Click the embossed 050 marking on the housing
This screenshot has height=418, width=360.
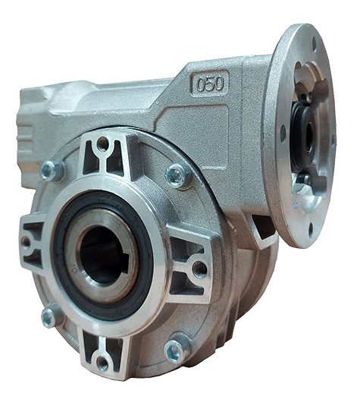(210, 83)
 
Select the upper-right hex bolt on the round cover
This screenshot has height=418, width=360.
(177, 175)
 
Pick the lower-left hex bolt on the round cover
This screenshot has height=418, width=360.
(49, 318)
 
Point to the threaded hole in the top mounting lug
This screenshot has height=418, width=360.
(103, 144)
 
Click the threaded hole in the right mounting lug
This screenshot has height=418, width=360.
(199, 269)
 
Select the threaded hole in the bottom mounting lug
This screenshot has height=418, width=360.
(102, 363)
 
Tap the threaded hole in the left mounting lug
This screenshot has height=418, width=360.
(26, 242)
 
